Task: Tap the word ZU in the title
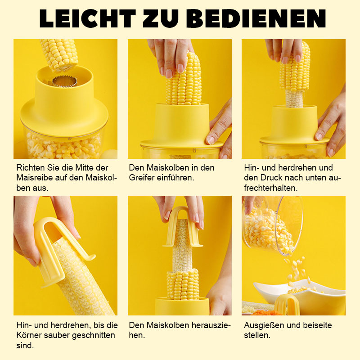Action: [161, 18]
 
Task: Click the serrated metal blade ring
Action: [65, 81]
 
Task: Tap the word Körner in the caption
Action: [29, 335]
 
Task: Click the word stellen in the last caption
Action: [257, 335]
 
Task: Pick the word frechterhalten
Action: [271, 188]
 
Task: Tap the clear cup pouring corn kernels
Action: [272, 226]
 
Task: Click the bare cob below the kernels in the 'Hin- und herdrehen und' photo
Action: [294, 99]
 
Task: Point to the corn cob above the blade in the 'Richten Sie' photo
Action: [59, 55]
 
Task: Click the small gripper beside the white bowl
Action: [287, 305]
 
